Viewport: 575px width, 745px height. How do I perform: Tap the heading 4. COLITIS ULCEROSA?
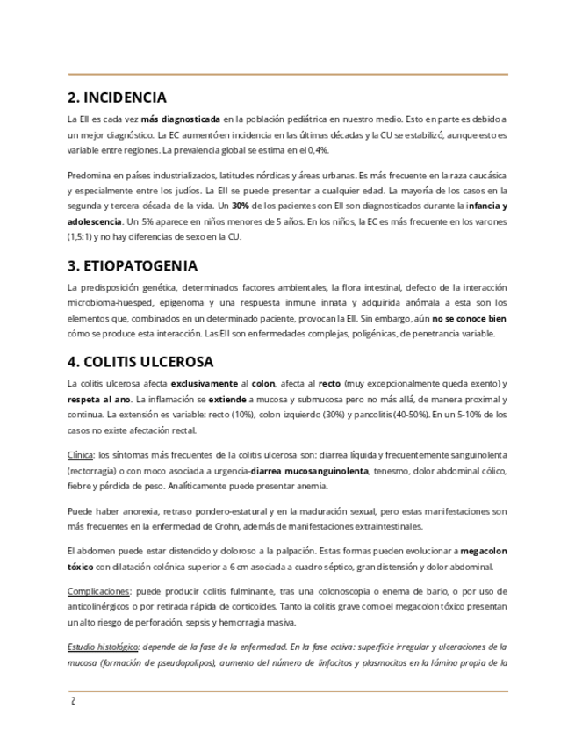coord(147,361)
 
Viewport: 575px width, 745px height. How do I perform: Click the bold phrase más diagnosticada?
coord(180,119)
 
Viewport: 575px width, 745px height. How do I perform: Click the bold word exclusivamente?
coord(204,384)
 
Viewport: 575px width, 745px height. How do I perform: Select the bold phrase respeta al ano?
coord(99,400)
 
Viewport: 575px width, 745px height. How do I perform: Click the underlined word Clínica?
coord(81,455)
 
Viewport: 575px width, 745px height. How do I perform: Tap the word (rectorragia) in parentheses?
coord(93,471)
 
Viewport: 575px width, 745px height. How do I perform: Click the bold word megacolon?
coord(484,550)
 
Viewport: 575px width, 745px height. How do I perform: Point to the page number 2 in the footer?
coord(74,701)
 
